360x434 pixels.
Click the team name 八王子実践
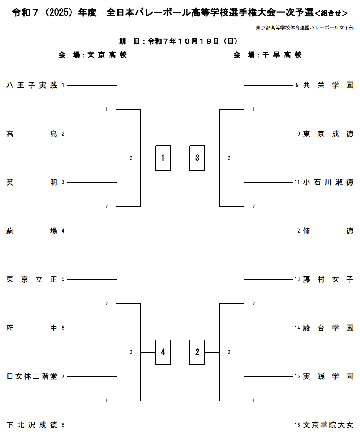click(32, 86)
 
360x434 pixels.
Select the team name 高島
click(32, 134)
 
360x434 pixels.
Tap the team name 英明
click(32, 182)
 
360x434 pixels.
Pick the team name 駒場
click(32, 231)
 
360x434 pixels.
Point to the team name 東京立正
click(32, 279)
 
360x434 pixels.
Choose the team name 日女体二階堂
click(32, 376)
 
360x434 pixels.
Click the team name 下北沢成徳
click(32, 425)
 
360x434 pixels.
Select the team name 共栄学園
click(328, 86)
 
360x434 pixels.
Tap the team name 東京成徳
click(328, 134)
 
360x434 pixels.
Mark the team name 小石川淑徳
click(328, 182)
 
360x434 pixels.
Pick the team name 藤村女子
click(328, 279)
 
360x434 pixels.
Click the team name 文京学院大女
click(328, 425)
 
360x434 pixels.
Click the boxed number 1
click(163, 158)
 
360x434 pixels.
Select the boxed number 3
click(197, 158)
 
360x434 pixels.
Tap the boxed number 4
click(163, 352)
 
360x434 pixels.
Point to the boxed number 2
click(197, 352)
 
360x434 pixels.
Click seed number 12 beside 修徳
click(297, 231)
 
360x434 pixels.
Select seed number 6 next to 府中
click(63, 328)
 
